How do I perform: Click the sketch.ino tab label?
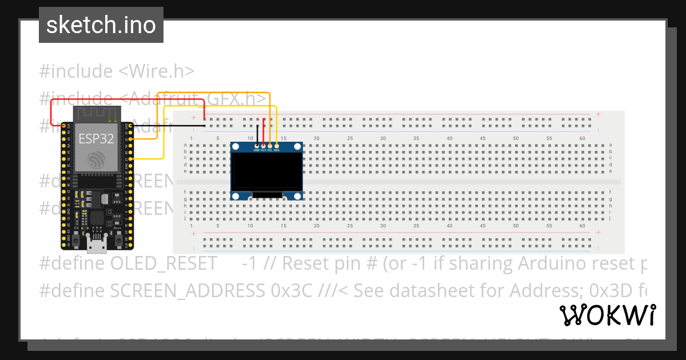point(101,25)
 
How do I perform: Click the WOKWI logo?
point(607,315)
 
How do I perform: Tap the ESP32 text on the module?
point(96,138)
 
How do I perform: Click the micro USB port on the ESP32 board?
point(97,246)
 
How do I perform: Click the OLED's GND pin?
point(257,146)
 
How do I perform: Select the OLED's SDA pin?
point(277,146)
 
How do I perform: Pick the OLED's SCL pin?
point(270,146)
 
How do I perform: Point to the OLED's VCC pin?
point(264,146)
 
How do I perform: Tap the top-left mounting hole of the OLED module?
point(235,147)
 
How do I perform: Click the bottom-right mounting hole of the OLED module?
point(298,196)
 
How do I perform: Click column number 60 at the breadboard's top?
point(582,138)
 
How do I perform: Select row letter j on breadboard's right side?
point(611,218)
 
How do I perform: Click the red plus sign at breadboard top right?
point(598,114)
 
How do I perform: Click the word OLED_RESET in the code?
point(164,263)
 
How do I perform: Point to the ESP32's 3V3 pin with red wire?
point(63,125)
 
